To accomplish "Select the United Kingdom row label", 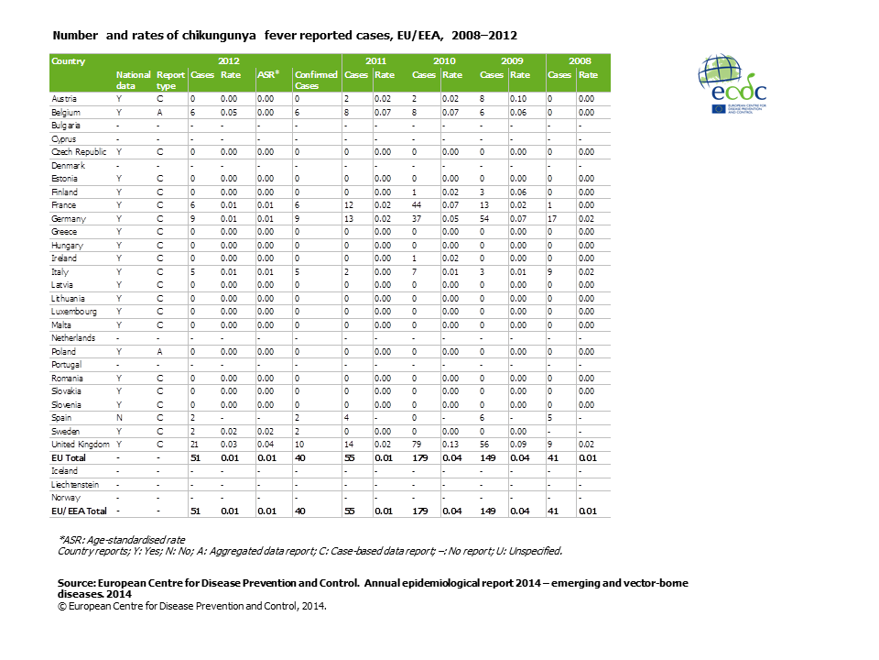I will [x=80, y=444].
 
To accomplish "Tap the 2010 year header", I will [x=445, y=61].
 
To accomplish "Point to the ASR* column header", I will [x=267, y=74].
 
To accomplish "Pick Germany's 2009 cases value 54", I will [x=487, y=219].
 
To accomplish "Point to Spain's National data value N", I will [x=119, y=417].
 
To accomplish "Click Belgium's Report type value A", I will [x=159, y=111].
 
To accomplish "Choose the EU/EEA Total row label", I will [x=79, y=511].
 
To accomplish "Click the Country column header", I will [x=69, y=61].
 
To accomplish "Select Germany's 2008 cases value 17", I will [x=553, y=219].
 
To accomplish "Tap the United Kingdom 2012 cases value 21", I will [x=195, y=444].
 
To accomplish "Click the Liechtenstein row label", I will [x=77, y=484].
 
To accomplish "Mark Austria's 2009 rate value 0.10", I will [x=519, y=98].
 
